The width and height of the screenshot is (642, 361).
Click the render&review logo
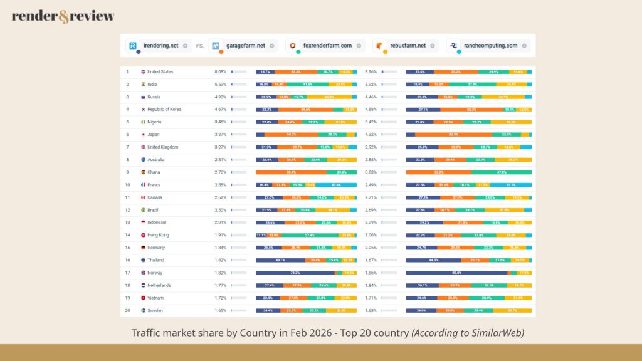[x=63, y=16]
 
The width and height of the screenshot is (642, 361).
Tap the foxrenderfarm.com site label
[x=328, y=45]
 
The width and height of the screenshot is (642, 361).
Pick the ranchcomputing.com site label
[x=491, y=45]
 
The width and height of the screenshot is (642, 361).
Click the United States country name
[x=160, y=72]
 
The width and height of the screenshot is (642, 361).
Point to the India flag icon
[x=144, y=85]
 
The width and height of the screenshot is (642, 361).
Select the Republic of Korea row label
[x=164, y=110]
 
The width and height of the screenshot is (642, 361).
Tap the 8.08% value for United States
[x=220, y=72]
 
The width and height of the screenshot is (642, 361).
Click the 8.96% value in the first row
[x=371, y=72]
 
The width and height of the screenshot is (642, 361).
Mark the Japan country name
[x=154, y=135]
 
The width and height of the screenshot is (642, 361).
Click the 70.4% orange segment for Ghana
[x=291, y=172]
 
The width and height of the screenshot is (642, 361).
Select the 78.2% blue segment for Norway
[x=295, y=273]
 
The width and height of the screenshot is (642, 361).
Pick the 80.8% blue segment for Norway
[x=456, y=273]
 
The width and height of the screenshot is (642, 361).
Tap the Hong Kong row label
[x=158, y=235]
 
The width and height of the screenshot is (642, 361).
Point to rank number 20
[x=127, y=310]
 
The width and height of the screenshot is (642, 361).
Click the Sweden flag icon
[x=144, y=310]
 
